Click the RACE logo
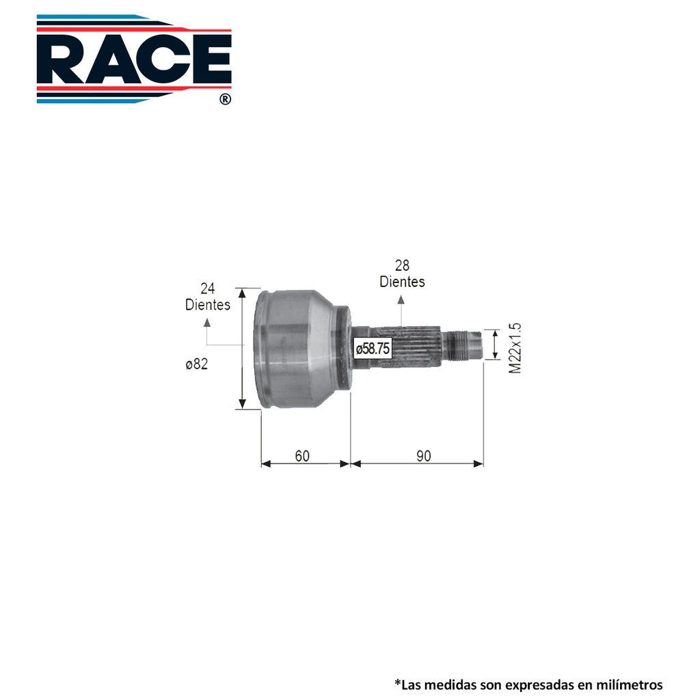click(134, 59)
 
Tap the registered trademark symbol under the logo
click(226, 99)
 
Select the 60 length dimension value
click(302, 456)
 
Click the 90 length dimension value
click(424, 456)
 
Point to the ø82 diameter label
click(197, 364)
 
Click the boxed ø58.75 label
click(373, 348)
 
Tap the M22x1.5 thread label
click(515, 348)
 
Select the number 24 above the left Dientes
click(208, 288)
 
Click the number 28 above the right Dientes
click(402, 266)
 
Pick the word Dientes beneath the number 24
click(208, 304)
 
